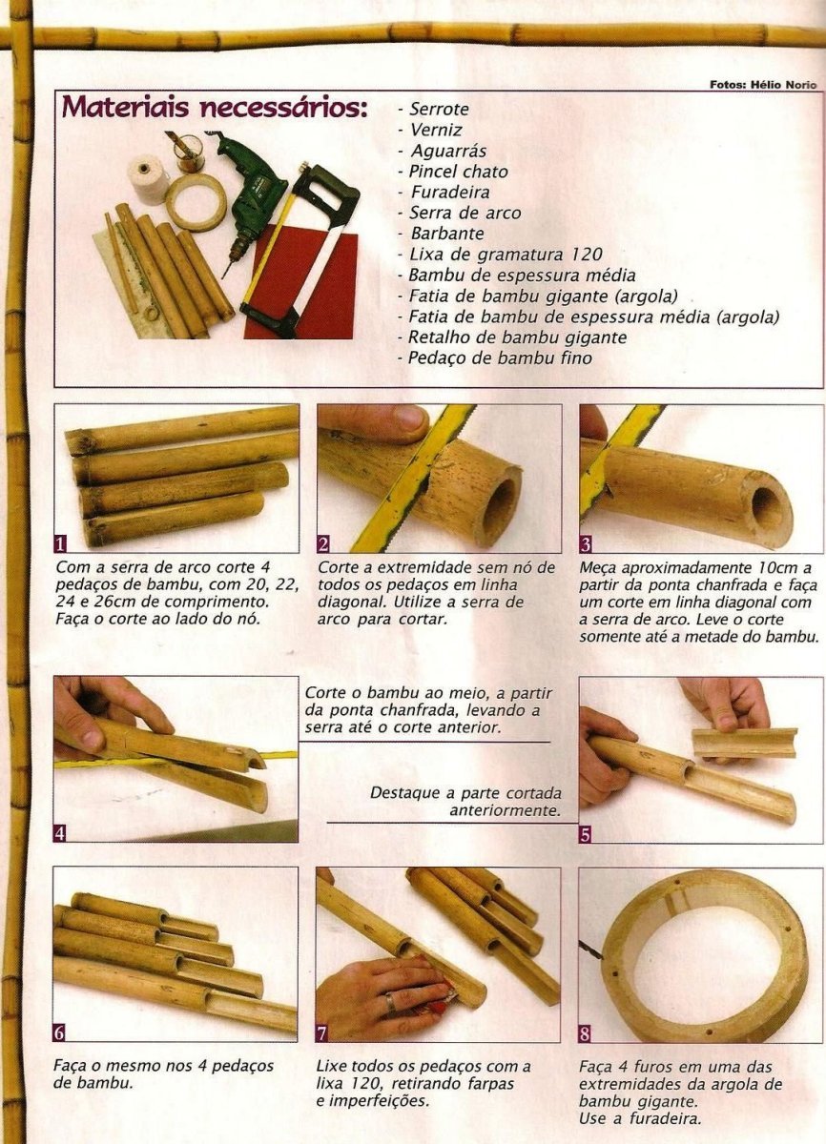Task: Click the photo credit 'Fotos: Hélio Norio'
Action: (x=763, y=85)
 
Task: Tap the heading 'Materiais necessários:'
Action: (x=215, y=107)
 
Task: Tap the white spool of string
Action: (x=149, y=181)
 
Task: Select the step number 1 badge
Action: (x=60, y=544)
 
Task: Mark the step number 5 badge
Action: (x=586, y=835)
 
